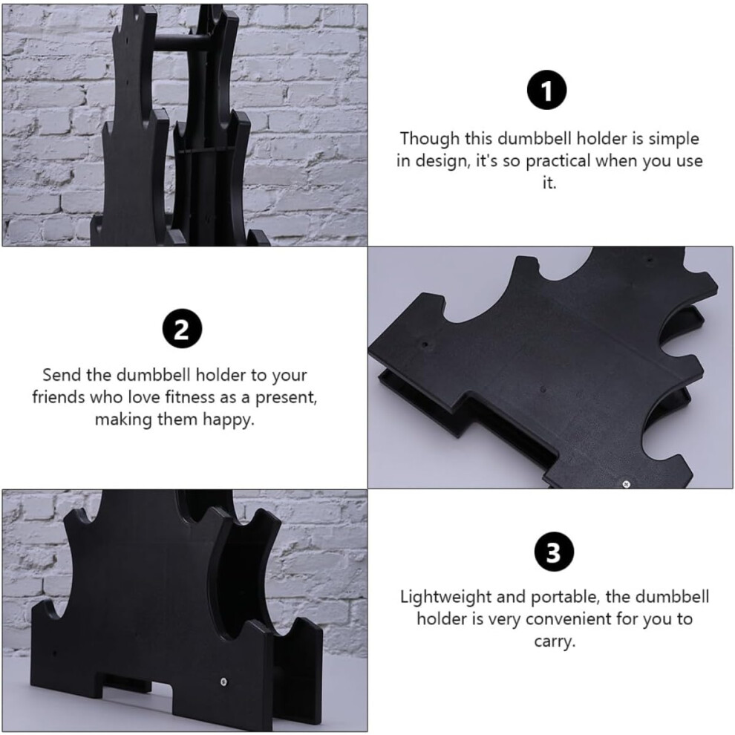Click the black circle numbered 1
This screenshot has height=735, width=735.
point(546,90)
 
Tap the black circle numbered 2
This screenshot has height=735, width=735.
point(183,329)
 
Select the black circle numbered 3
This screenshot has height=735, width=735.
point(554,551)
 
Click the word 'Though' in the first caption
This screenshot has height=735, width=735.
point(429,139)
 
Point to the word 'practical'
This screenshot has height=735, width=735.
point(558,161)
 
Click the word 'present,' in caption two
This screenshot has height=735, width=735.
point(286,398)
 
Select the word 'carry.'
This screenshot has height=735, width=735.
point(555,641)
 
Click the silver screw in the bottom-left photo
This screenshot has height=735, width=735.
point(223,681)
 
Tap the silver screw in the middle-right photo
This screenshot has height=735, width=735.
point(625,484)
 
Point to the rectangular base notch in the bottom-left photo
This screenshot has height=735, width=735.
point(137,689)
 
